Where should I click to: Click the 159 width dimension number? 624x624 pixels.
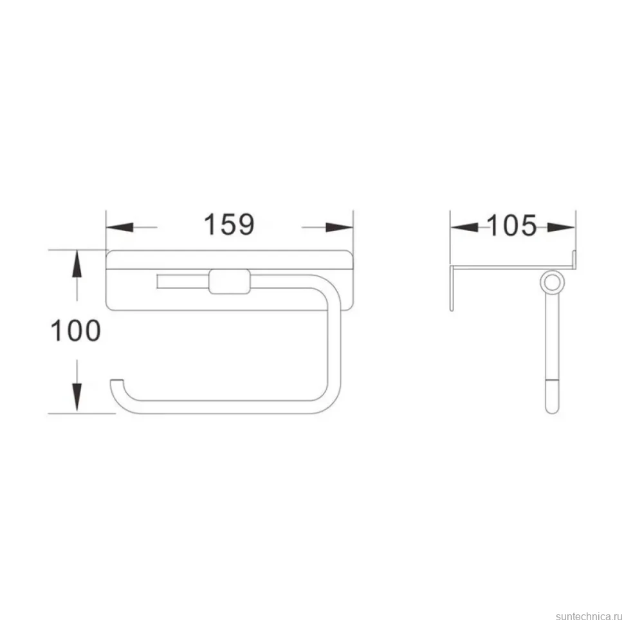(229, 225)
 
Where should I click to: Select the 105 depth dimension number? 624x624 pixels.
(512, 226)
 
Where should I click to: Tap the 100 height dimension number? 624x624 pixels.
(76, 331)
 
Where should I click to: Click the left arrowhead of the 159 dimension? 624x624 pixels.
(120, 227)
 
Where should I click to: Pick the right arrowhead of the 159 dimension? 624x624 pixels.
(340, 227)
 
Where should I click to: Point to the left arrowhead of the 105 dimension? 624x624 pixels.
(464, 227)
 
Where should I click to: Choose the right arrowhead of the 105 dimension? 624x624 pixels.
(561, 227)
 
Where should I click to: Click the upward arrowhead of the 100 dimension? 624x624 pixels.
(77, 264)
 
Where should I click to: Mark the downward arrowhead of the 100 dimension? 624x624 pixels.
(77, 397)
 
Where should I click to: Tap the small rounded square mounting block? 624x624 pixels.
(230, 281)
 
